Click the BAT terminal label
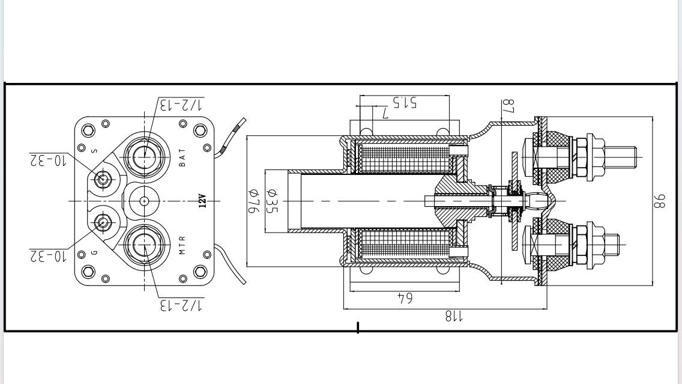point(183,157)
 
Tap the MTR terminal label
point(183,245)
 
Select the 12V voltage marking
point(202,201)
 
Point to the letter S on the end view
point(94,150)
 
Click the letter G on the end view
point(94,252)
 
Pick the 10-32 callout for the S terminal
point(47,160)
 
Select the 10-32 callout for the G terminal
point(47,257)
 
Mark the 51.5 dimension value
point(405,102)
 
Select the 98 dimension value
point(660,201)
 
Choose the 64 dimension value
point(405,297)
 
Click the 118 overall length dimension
point(450,316)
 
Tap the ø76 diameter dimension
point(254,201)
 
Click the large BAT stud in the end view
point(144,156)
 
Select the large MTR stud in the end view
point(144,245)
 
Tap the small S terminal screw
point(103,178)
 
